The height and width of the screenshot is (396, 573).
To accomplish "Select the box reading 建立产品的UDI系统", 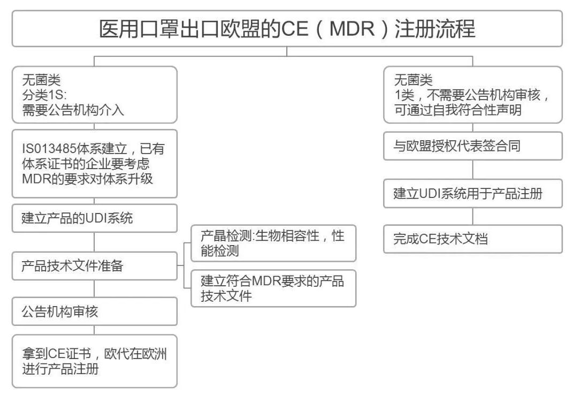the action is click(x=95, y=218).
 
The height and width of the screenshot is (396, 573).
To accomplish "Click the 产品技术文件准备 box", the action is click(x=95, y=266).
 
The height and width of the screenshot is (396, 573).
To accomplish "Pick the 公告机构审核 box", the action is click(x=95, y=311).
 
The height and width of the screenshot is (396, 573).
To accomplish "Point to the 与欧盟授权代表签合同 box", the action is click(x=473, y=146).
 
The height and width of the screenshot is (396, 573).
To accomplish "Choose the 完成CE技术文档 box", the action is click(x=473, y=239).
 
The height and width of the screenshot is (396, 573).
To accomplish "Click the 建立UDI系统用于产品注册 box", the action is click(x=473, y=193).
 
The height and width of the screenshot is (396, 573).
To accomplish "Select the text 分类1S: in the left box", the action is click(x=44, y=95).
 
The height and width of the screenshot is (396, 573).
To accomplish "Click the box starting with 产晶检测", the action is click(x=273, y=243).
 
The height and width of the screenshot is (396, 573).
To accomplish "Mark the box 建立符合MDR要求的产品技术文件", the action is click(x=273, y=288).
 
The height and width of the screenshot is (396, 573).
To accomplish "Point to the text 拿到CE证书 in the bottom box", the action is click(x=57, y=354).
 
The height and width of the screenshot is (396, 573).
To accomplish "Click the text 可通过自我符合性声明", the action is click(x=457, y=110).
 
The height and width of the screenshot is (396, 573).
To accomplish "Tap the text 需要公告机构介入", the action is click(x=73, y=110).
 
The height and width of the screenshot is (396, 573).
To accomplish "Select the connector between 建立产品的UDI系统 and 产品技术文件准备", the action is click(x=94, y=242).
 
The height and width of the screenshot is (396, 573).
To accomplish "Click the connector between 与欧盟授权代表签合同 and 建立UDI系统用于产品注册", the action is click(x=473, y=170).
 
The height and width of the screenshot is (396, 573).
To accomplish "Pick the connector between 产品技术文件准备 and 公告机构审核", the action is click(x=94, y=288).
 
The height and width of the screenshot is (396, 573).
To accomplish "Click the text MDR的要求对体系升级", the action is click(x=87, y=179).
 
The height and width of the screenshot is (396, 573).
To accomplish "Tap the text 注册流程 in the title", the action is click(x=435, y=28).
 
